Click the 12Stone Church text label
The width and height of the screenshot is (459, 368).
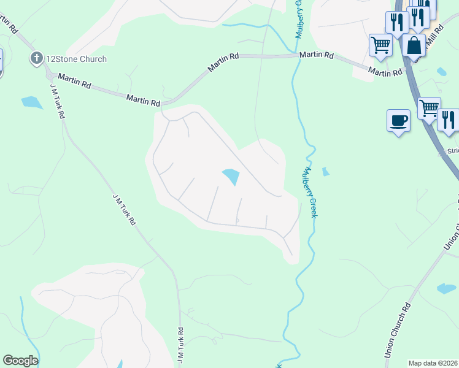pyautogui.click(x=76, y=59)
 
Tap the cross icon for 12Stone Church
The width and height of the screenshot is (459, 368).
pyautogui.click(x=37, y=59)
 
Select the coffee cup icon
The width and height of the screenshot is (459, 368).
pyautogui.click(x=398, y=120)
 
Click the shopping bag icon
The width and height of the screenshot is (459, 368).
pyautogui.click(x=414, y=45)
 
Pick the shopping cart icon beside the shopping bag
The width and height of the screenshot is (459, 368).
pyautogui.click(x=380, y=45)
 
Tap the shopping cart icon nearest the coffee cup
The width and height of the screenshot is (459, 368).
pyautogui.click(x=429, y=108)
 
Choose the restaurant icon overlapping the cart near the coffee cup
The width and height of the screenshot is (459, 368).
pyautogui.click(x=449, y=120)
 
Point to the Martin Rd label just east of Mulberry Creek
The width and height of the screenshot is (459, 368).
pyautogui.click(x=316, y=55)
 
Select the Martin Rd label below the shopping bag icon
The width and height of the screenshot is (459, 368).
pyautogui.click(x=385, y=72)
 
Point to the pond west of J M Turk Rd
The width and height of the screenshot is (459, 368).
pyautogui.click(x=31, y=102)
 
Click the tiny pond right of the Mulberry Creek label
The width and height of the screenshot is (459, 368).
pyautogui.click(x=326, y=172)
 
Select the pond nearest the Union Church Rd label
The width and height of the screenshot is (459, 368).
pyautogui.click(x=446, y=288)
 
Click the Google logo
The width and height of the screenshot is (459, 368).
pyautogui.click(x=20, y=361)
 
